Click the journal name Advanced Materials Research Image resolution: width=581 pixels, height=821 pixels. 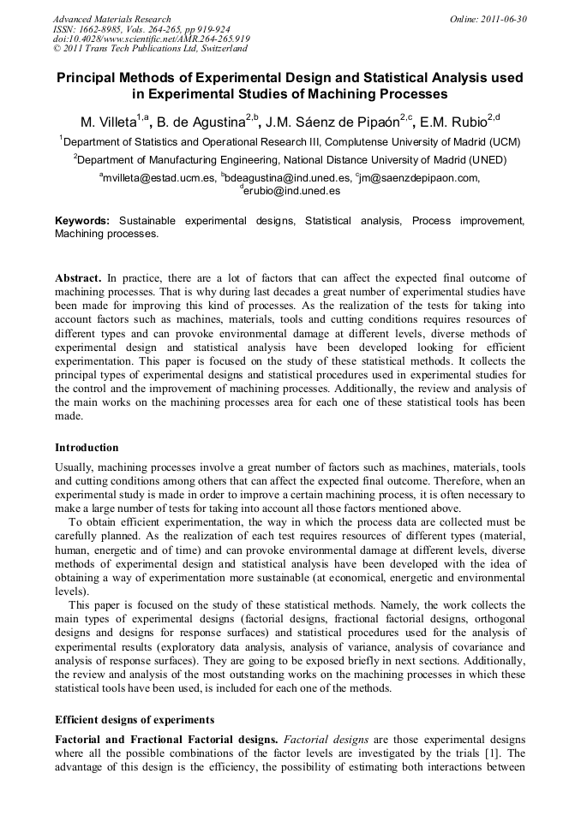click(x=111, y=18)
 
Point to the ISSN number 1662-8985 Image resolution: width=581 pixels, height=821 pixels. click(x=110, y=28)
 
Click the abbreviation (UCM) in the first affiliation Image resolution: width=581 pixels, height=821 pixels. click(x=503, y=142)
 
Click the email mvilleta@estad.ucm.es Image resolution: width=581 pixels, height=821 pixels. click(x=159, y=178)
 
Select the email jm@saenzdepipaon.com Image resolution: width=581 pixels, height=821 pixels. click(x=419, y=178)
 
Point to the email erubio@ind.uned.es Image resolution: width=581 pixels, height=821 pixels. click(x=292, y=191)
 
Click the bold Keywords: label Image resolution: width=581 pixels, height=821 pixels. click(x=82, y=221)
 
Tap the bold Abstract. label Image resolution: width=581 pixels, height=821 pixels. click(x=79, y=278)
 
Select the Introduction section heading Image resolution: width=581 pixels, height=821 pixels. click(x=87, y=448)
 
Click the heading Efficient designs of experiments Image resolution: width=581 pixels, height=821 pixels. click(x=135, y=719)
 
